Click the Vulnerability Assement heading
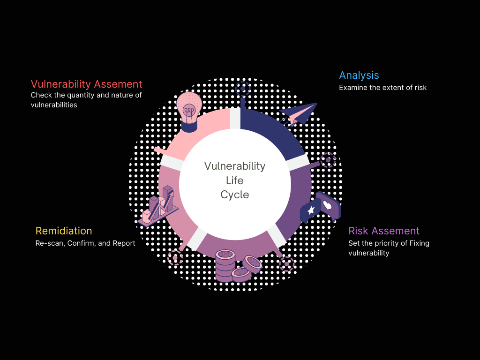(x=86, y=84)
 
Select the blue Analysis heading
(x=359, y=75)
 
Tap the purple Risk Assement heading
(x=384, y=231)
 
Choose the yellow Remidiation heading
(x=64, y=231)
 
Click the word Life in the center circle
(x=235, y=180)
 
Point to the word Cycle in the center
(x=235, y=195)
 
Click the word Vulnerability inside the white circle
(x=235, y=166)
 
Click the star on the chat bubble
(x=310, y=210)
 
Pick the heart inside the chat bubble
(x=327, y=204)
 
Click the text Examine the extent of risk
(x=382, y=88)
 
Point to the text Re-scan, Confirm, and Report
(x=85, y=243)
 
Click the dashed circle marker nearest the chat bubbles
(x=328, y=160)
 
